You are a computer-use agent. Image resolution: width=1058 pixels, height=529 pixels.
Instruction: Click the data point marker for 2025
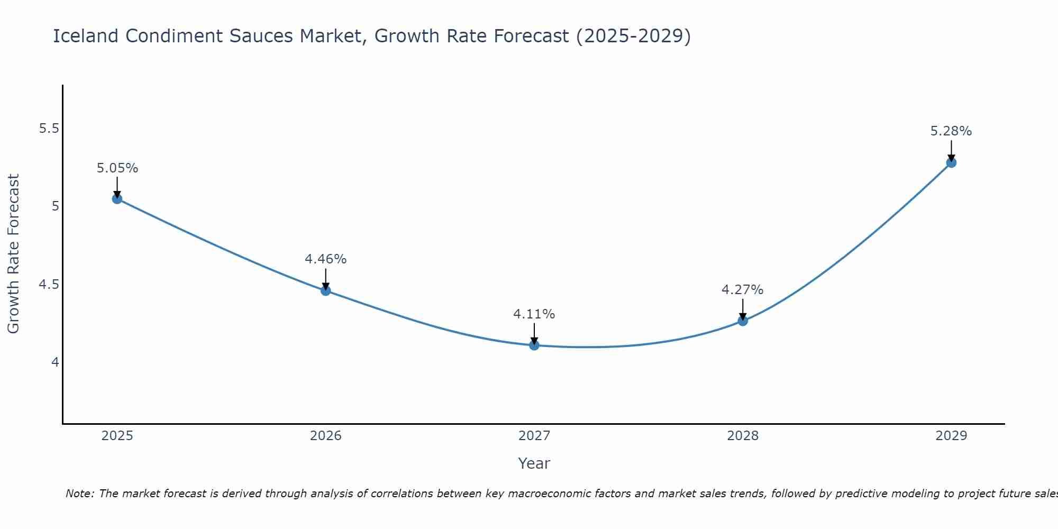point(117,199)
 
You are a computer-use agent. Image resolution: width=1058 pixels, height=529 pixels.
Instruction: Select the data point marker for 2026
point(325,290)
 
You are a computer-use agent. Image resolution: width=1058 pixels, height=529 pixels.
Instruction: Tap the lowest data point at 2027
point(534,345)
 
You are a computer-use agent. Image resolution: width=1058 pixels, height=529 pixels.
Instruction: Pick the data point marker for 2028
point(742,321)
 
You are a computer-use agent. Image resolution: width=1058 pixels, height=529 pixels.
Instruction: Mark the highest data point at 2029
point(951,162)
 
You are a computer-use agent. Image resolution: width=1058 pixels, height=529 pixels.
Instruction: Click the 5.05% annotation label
point(117,168)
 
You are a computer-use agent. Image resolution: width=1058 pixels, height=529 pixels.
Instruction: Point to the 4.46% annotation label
point(325,259)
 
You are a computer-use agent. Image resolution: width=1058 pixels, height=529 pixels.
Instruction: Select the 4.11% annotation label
point(534,314)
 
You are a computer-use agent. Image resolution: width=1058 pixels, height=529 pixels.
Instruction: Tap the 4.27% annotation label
point(742,290)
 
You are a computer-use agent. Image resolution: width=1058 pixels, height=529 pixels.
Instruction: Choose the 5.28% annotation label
point(951,131)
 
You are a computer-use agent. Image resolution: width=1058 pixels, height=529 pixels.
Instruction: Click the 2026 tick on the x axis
point(325,436)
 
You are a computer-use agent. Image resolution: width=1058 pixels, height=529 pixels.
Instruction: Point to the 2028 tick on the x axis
point(742,436)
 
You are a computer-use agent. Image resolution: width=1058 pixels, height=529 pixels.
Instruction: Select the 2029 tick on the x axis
point(951,436)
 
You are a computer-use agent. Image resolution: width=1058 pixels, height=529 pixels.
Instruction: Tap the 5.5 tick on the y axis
point(49,129)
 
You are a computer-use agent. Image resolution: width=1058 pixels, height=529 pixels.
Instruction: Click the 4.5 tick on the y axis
point(49,285)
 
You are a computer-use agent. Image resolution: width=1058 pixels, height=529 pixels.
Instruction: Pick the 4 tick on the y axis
point(55,362)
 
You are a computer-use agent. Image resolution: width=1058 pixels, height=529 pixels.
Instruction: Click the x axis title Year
point(534,463)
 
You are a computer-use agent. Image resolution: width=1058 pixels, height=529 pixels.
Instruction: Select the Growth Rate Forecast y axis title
point(13,254)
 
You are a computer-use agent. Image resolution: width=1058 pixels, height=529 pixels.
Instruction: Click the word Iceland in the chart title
point(86,36)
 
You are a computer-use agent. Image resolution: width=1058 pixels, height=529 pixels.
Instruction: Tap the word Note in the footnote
point(79,494)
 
